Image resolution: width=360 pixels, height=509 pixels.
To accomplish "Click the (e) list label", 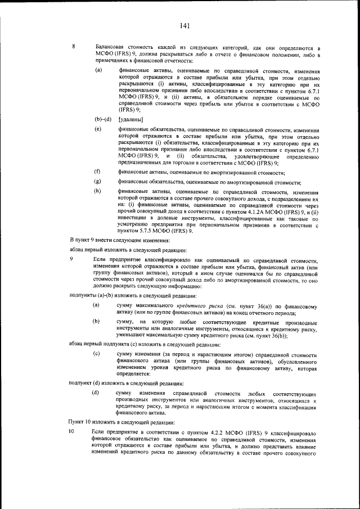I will click(98, 130).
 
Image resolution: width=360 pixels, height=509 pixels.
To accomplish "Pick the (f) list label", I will click(98, 170).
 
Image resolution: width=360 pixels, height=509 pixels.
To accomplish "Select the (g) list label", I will click(98, 181).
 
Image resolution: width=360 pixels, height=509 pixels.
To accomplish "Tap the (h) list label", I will click(98, 192).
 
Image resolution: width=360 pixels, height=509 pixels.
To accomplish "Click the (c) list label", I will click(97, 354).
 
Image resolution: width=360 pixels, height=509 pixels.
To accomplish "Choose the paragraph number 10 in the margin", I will click(71, 430).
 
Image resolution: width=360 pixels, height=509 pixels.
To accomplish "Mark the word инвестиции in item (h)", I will click(133, 219).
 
